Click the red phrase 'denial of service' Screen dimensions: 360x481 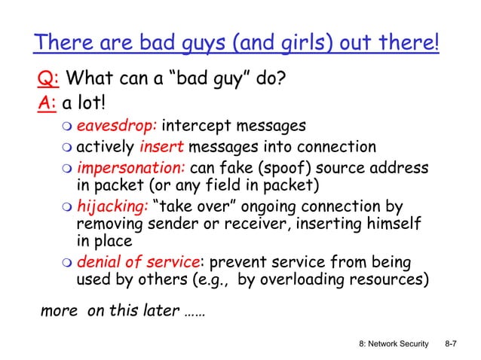139,263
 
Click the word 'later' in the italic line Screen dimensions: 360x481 158,312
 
